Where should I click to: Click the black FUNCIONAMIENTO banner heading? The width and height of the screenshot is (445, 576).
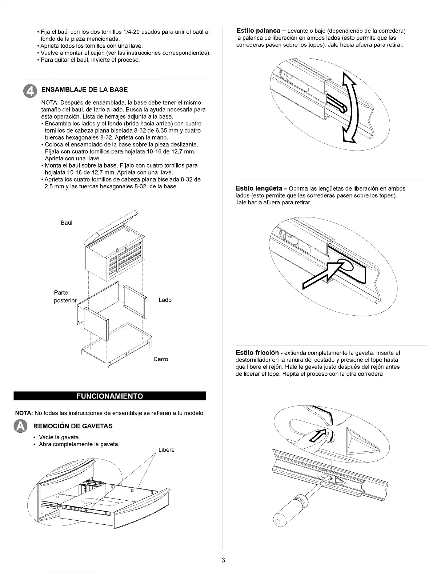point(110,396)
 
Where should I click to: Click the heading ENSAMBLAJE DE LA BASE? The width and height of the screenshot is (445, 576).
point(85,89)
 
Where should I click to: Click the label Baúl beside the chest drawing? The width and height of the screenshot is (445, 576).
point(67,223)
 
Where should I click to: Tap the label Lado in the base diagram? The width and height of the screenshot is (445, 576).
point(165,300)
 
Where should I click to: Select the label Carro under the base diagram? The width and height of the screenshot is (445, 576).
point(161,359)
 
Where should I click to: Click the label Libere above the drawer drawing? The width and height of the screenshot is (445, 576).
point(167,450)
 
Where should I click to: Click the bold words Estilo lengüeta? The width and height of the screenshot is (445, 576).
point(259,188)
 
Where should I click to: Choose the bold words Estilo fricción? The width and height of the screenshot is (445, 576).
point(257,353)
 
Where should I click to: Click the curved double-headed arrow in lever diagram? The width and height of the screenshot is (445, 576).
point(350,108)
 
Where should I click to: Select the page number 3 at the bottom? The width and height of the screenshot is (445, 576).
point(223,560)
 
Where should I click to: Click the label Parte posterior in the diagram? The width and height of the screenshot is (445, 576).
point(65,296)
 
